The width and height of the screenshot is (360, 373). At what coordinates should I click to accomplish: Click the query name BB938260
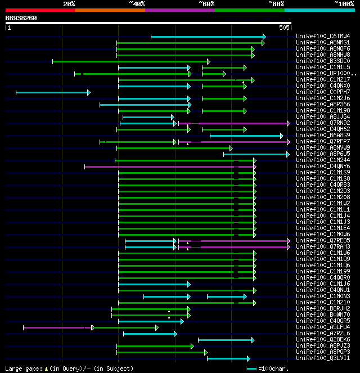tap(21, 18)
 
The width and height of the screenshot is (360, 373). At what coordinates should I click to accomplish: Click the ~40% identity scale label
tap(137, 3)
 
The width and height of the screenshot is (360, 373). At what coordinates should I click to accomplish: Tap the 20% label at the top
tap(69, 3)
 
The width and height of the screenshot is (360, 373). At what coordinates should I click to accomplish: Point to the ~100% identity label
tap(344, 3)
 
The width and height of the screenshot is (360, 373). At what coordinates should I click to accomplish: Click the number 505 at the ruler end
tap(284, 27)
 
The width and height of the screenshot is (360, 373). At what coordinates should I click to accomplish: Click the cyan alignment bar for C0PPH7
tap(52, 92)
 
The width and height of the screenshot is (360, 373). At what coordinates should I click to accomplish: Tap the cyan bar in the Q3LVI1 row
tap(228, 358)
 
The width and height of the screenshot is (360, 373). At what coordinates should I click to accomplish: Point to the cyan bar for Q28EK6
tap(226, 340)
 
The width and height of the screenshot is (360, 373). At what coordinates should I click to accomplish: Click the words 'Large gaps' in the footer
tap(20, 368)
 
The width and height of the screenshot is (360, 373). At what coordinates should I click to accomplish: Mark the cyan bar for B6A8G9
tap(246, 136)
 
